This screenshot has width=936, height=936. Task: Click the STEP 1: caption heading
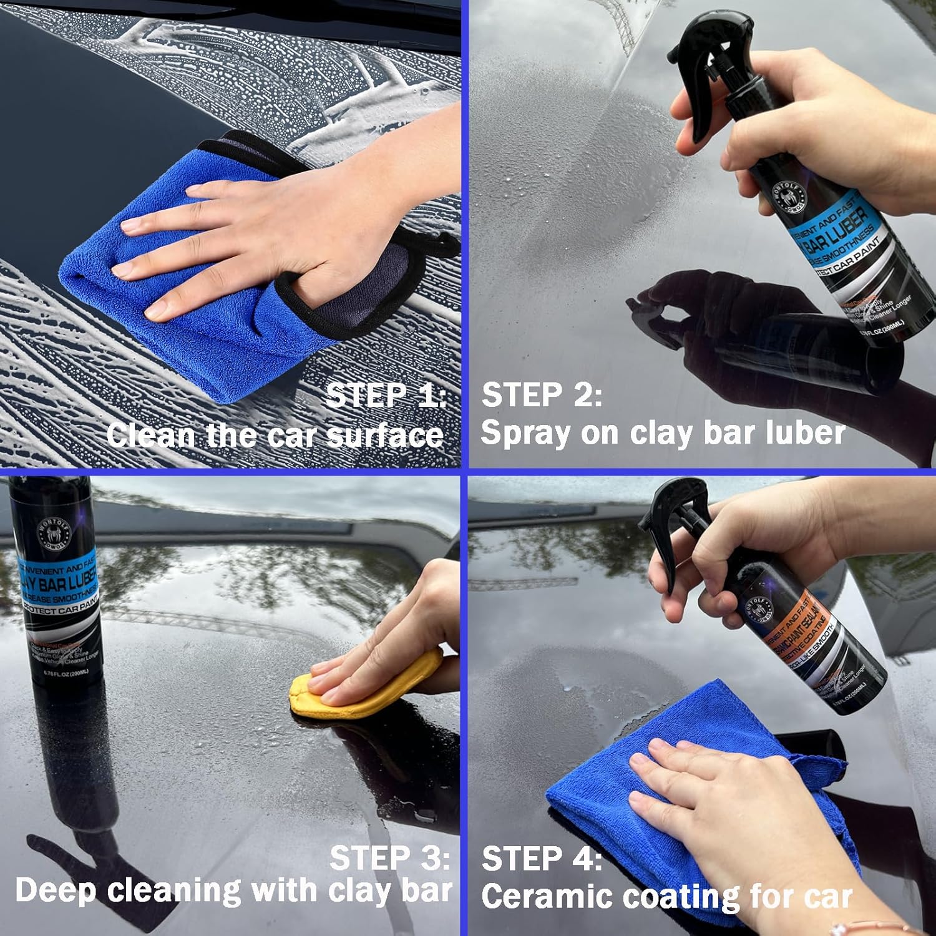click(386, 396)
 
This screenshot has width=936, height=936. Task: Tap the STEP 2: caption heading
click(542, 396)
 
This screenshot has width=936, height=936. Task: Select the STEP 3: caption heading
click(389, 858)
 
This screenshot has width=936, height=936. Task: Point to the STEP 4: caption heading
click(542, 859)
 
